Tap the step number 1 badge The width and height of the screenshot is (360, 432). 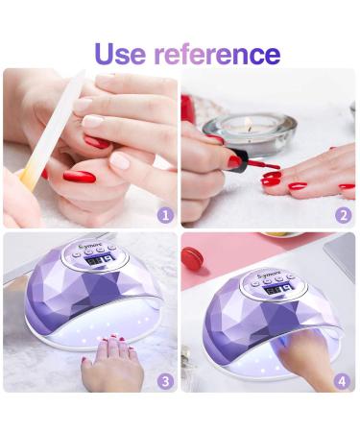tap(164, 215)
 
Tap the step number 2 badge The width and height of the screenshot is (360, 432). tap(343, 215)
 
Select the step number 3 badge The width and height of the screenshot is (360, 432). tap(164, 380)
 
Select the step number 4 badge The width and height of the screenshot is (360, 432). tap(343, 380)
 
